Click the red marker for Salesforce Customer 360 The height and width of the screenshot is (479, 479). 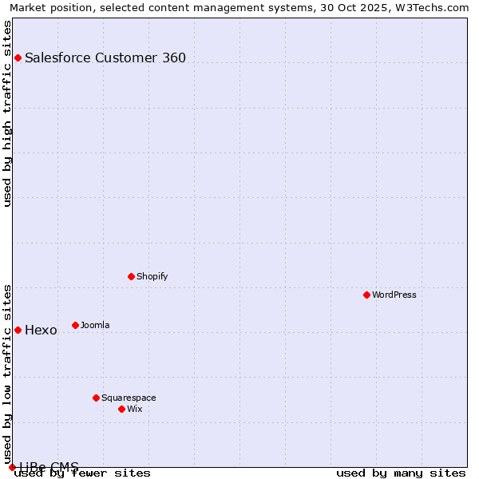(18, 57)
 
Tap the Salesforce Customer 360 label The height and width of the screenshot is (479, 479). (105, 57)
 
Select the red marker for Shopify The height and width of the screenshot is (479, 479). (131, 276)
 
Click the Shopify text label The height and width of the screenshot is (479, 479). (152, 276)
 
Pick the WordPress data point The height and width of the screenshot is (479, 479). (366, 295)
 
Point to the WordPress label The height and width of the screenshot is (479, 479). (394, 295)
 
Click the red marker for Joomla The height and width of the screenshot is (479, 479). (75, 325)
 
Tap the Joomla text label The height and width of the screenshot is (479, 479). (95, 325)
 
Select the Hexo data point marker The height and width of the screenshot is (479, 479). (18, 330)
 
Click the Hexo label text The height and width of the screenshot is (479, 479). (41, 331)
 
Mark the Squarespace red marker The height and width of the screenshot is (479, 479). (96, 398)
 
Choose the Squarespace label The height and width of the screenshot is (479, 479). (129, 398)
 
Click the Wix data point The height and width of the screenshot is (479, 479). (121, 409)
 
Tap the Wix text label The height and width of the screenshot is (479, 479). (135, 409)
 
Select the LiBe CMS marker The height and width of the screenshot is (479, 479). (12, 467)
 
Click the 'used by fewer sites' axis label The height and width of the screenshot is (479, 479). (83, 473)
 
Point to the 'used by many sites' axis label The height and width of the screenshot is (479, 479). (401, 473)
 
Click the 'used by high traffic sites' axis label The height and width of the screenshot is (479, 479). (7, 113)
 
